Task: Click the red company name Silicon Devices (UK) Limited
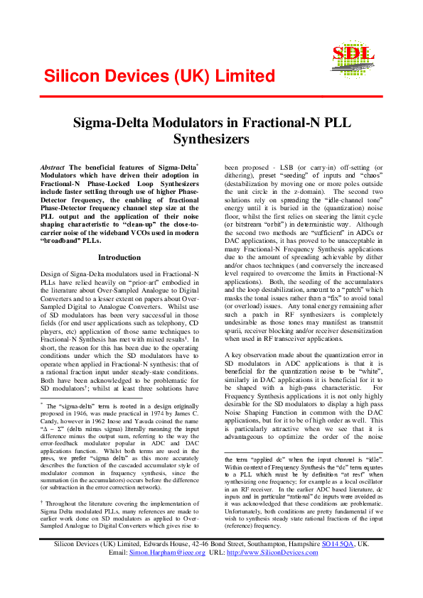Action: pos(159,77)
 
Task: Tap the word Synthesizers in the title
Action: pos(211,138)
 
